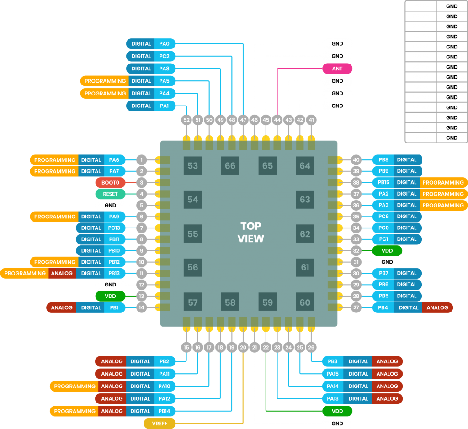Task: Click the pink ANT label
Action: click(337, 69)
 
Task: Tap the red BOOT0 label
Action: click(110, 182)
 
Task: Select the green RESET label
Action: click(110, 194)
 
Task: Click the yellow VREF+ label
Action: click(159, 424)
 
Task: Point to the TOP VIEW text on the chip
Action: click(250, 232)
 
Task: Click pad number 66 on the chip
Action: click(230, 165)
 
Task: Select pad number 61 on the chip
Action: click(305, 267)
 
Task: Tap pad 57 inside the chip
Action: click(192, 302)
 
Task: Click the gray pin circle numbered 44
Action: click(277, 120)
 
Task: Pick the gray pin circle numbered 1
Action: click(142, 160)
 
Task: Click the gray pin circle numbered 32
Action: click(356, 251)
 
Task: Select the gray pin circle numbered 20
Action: click(243, 348)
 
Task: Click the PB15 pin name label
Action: click(383, 182)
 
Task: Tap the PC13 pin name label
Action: click(114, 228)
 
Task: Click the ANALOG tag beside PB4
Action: click(437, 307)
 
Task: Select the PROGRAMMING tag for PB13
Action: click(25, 273)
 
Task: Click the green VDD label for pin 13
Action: click(110, 296)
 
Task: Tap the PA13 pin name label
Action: click(332, 398)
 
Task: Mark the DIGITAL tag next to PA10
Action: click(140, 386)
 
